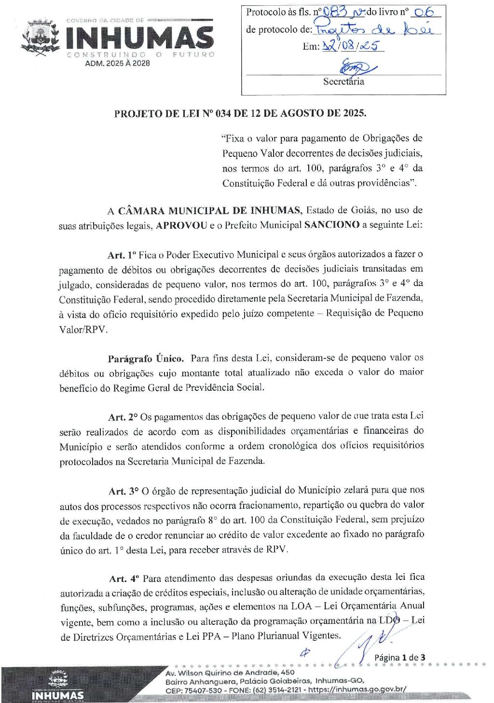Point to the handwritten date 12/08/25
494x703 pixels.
tap(352, 46)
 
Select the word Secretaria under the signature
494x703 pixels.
tap(343, 82)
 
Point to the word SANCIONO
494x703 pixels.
tap(332, 225)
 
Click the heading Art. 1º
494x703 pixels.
tap(123, 255)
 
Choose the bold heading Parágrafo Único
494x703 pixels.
tap(146, 358)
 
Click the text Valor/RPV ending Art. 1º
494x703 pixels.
tap(83, 330)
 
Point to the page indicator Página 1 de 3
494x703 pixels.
tap(400, 657)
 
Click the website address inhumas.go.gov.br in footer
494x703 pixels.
tap(357, 689)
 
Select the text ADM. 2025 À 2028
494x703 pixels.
tap(117, 63)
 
